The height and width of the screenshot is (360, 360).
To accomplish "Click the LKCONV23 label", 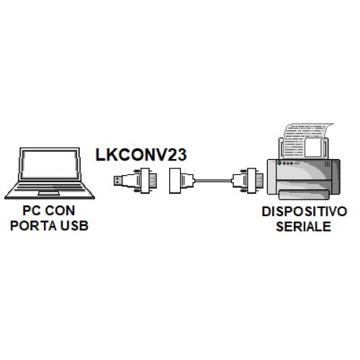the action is coord(141,155).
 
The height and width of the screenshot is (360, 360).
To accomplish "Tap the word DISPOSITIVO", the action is coord(305,212).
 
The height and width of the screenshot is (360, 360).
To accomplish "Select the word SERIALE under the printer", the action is coord(304,226).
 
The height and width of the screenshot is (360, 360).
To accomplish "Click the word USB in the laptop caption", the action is coord(74,225).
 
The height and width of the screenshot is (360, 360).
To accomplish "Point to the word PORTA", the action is coord(33,225).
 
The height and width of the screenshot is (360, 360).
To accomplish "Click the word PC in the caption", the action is coord(31,210).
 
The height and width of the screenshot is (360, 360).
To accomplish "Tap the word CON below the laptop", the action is coord(60,210).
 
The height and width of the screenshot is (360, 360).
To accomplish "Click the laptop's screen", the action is coord(50,164).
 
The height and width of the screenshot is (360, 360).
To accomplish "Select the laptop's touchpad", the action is coord(49,193).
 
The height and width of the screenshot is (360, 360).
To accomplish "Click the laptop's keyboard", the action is coord(50,186).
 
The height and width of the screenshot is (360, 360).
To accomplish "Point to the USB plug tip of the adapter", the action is coord(118,181).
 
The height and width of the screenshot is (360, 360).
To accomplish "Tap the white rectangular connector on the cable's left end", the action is coord(175,181).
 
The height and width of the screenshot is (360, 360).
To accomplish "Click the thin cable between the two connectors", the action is coord(213,181).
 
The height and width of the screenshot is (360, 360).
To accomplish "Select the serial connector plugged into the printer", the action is coord(247,181).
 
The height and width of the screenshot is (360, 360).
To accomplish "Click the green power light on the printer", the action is coord(279,163).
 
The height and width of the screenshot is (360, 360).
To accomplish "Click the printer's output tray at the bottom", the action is coord(304,194).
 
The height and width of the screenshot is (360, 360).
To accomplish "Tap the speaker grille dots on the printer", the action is coord(327,164).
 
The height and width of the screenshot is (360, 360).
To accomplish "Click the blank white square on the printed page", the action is coord(313,148).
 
